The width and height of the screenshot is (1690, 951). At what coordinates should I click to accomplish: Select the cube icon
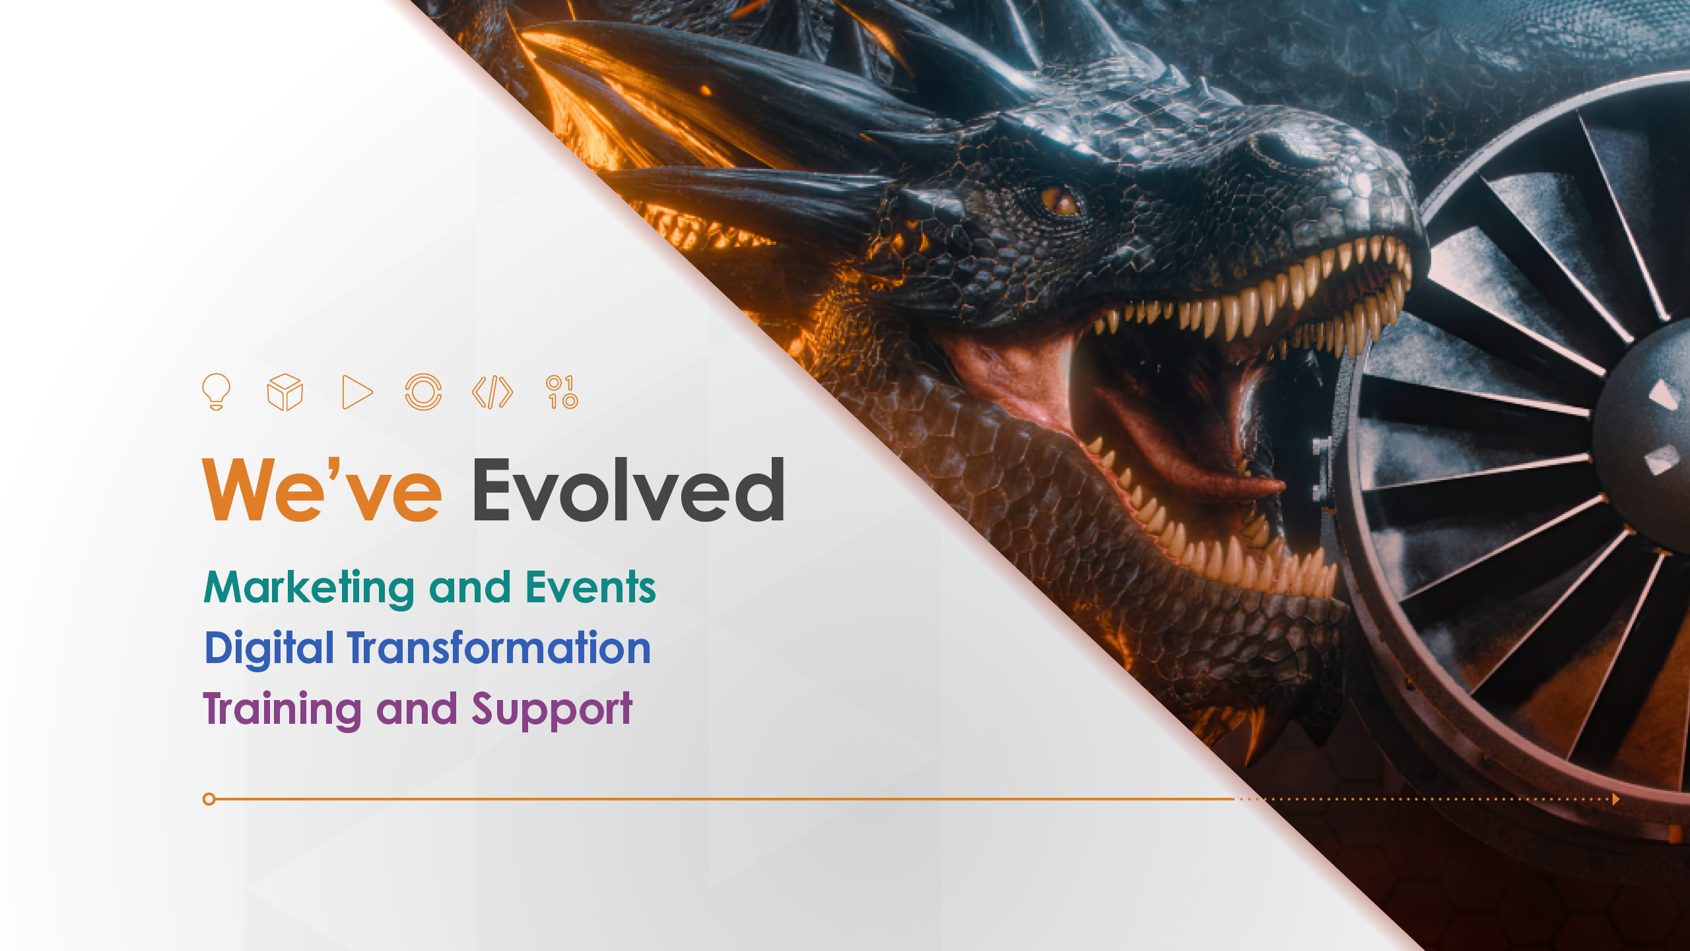pos(285,392)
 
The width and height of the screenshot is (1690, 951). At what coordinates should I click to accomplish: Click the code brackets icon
pos(492,392)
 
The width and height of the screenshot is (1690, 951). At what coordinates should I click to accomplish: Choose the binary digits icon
pos(562,392)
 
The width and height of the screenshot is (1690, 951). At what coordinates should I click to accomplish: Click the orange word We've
pos(322,489)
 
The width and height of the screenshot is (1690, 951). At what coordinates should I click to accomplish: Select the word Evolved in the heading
pos(628,489)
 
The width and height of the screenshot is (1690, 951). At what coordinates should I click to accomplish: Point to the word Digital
pos(269,649)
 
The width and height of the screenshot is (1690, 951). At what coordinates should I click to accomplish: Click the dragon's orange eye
pos(1060,201)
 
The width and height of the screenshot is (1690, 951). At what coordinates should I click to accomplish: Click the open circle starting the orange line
pos(209,799)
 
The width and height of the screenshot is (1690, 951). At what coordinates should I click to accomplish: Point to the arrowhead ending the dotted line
pos(1616,799)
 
